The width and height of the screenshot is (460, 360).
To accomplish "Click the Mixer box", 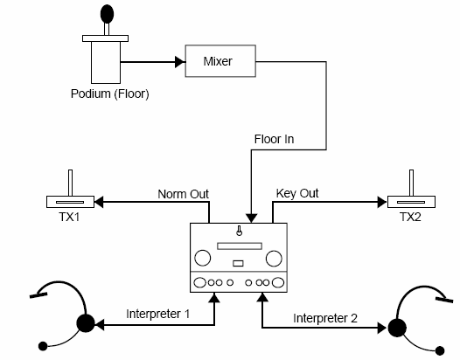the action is pyautogui.click(x=220, y=61).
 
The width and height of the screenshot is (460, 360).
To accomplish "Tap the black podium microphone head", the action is pyautogui.click(x=107, y=14).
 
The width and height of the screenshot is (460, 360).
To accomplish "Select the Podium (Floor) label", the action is pyautogui.click(x=110, y=93).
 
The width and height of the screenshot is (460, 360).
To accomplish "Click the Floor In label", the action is pyautogui.click(x=274, y=139).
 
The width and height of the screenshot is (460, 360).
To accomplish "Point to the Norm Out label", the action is pyautogui.click(x=183, y=194).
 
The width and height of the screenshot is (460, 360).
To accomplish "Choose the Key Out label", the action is pyautogui.click(x=297, y=193).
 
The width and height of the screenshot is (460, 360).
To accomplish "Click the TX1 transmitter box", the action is pyautogui.click(x=71, y=202).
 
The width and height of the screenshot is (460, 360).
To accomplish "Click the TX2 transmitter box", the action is pyautogui.click(x=411, y=202).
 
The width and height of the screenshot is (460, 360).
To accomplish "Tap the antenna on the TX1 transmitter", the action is pyautogui.click(x=71, y=183).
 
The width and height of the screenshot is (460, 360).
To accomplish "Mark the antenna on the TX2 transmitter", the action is pyautogui.click(x=411, y=183).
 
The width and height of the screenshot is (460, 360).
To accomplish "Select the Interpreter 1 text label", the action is pyautogui.click(x=157, y=314).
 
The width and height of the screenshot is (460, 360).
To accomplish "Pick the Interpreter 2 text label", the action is pyautogui.click(x=325, y=318).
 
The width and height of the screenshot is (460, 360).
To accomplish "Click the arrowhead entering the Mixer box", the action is pyautogui.click(x=180, y=62).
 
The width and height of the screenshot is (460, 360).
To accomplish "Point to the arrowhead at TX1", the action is pyautogui.click(x=99, y=202).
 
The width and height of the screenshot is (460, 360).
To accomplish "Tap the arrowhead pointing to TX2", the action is pyautogui.click(x=382, y=202).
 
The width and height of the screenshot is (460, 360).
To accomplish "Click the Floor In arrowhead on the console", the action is pyautogui.click(x=251, y=218).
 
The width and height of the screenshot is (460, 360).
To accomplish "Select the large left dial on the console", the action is pyautogui.click(x=202, y=258).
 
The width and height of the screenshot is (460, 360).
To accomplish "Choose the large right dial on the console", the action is pyautogui.click(x=274, y=259).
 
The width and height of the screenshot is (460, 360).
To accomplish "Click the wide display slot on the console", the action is pyautogui.click(x=240, y=246).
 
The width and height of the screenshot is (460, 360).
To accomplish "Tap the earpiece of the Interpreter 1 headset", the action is pyautogui.click(x=86, y=323).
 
